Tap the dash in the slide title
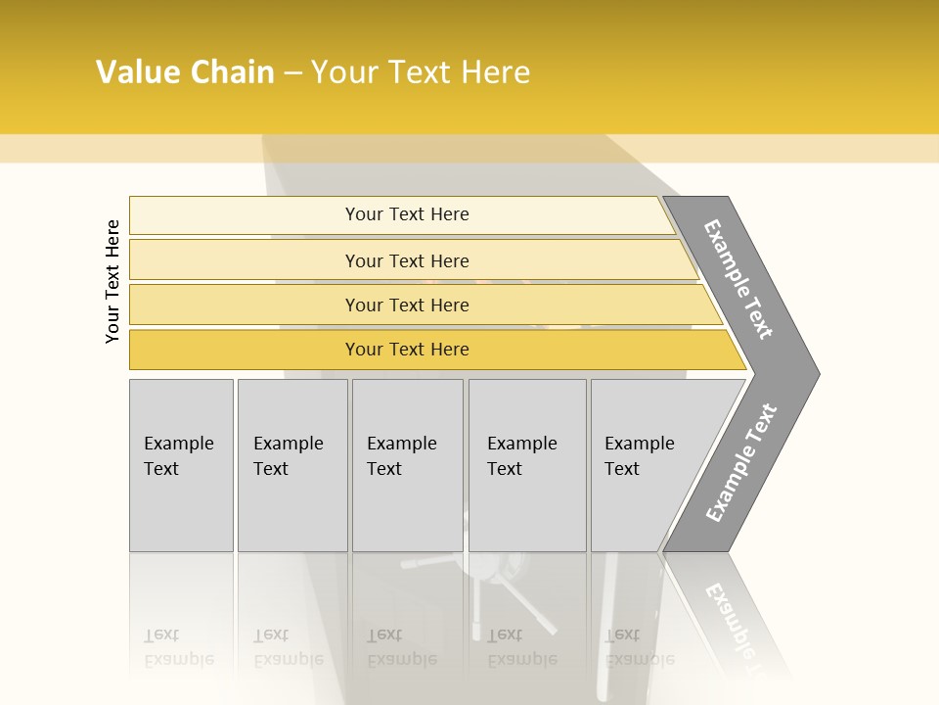(x=293, y=73)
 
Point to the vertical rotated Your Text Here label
(x=112, y=281)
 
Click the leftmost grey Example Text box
(x=181, y=465)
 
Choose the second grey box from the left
(x=291, y=465)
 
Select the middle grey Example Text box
(x=407, y=465)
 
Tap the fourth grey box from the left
(x=526, y=465)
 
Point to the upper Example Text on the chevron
(x=738, y=279)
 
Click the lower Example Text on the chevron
(x=741, y=463)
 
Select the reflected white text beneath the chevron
(x=734, y=617)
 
